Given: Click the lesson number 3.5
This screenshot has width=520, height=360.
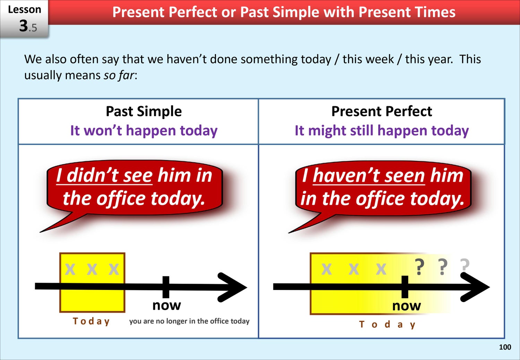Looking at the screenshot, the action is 28,26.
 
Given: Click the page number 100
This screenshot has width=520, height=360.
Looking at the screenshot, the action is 505,347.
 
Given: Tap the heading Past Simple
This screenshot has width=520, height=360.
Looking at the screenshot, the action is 144,111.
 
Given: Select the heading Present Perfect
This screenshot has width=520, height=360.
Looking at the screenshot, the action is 381,111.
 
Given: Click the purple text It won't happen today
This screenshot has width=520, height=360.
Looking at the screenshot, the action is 144,130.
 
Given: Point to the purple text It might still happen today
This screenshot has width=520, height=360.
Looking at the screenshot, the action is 382,130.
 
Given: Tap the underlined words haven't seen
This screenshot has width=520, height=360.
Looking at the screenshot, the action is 369,175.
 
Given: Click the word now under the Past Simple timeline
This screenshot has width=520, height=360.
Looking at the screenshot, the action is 167,306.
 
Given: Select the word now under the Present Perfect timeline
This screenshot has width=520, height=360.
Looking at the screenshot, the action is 407,306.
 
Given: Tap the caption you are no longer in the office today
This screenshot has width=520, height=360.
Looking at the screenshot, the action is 189,321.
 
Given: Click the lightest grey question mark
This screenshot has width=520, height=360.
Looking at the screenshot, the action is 465,265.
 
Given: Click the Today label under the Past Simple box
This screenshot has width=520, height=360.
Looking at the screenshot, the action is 91,322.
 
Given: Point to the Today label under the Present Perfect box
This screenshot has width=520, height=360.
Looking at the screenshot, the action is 387,325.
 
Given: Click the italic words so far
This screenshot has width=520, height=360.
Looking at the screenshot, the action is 119,75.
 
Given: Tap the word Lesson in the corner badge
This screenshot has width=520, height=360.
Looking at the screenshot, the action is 24,9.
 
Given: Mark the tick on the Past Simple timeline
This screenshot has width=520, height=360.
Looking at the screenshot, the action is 166,287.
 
